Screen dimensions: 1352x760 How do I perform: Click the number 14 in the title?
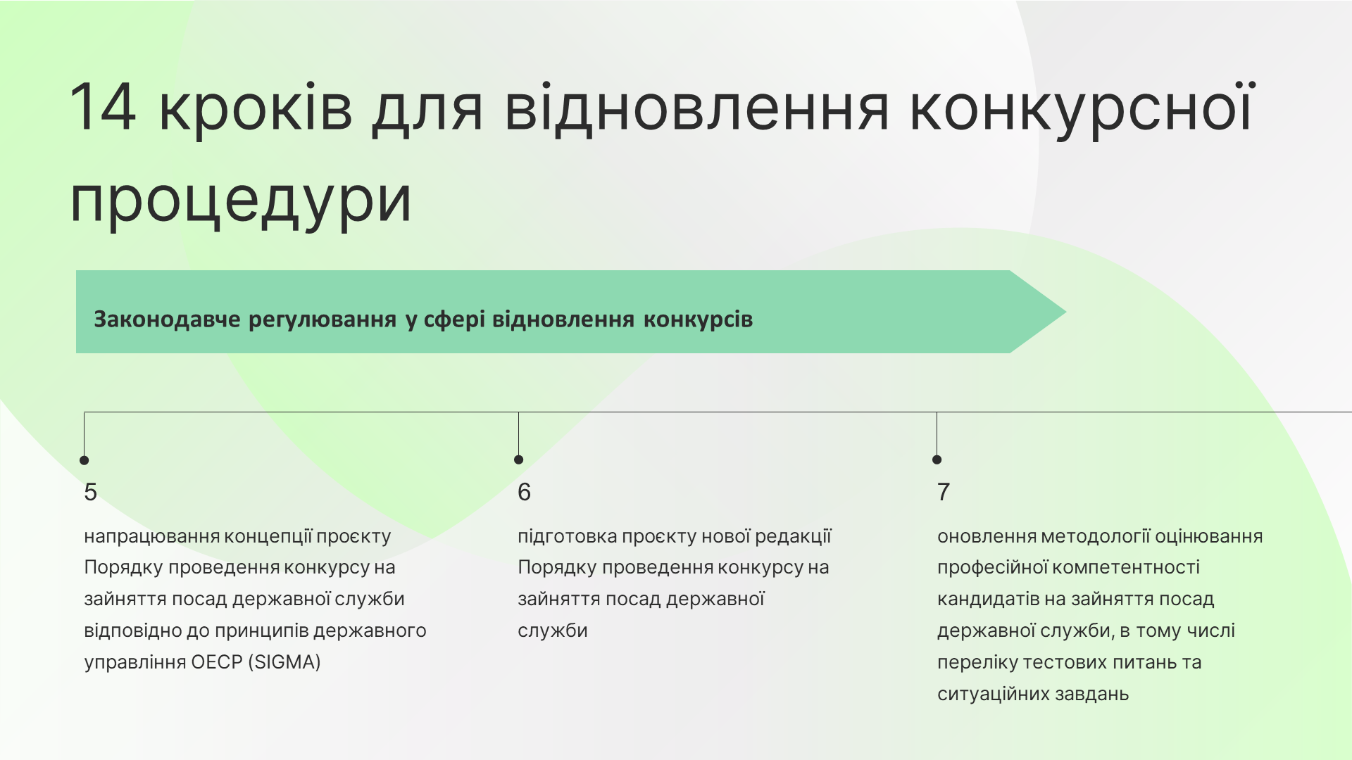point(103,107)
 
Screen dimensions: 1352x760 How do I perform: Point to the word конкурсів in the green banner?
point(698,319)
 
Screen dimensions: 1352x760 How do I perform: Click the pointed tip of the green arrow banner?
point(1065,312)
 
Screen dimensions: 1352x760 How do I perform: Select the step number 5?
point(90,492)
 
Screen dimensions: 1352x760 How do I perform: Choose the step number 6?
point(524,492)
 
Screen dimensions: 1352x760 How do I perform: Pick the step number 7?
point(944,492)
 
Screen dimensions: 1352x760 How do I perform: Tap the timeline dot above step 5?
point(84,460)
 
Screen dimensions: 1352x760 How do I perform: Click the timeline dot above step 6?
point(519,460)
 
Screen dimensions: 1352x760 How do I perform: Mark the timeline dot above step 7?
point(937,460)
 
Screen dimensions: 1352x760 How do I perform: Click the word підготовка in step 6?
point(567,537)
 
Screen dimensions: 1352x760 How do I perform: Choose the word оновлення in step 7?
point(986,537)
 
